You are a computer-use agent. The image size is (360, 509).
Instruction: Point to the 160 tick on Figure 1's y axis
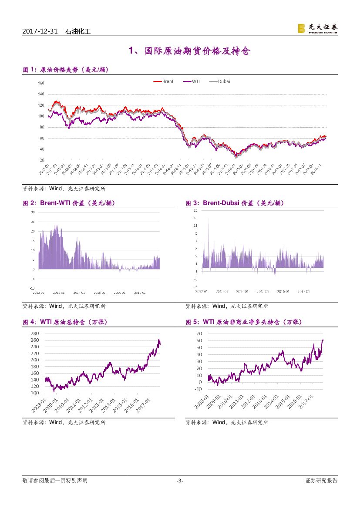tap(41, 83)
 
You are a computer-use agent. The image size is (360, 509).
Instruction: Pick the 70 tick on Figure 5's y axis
tap(211, 334)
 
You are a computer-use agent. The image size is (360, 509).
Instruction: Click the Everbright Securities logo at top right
tap(317, 29)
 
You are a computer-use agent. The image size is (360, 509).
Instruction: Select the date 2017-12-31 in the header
tap(40, 31)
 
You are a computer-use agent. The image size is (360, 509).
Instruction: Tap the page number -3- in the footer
tap(180, 481)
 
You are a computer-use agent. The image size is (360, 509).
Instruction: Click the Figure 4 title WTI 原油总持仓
tap(65, 322)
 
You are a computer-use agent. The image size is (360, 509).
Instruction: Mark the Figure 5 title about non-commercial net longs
tap(244, 322)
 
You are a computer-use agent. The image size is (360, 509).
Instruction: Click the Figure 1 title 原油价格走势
tap(65, 70)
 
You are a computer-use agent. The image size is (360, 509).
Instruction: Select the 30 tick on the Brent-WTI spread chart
tap(33, 212)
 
